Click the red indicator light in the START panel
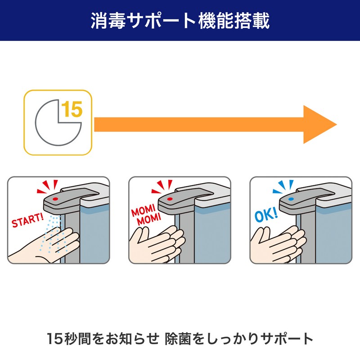[55, 198]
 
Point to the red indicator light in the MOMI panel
[170, 198]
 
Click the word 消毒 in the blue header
[106, 21]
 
